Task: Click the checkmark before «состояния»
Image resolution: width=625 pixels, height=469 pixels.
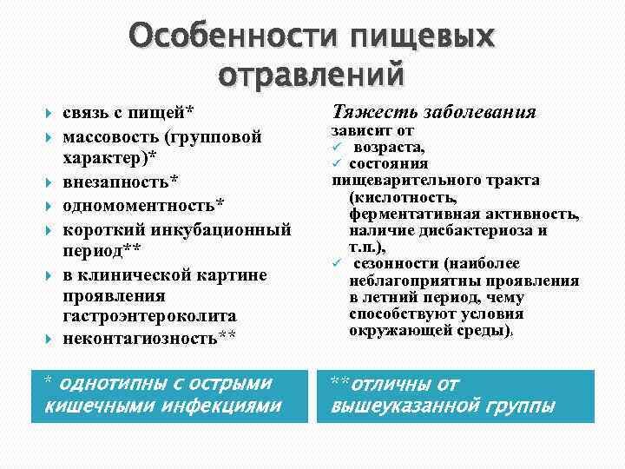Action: pos(338,164)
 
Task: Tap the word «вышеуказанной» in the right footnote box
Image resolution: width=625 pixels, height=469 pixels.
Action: pos(400,405)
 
